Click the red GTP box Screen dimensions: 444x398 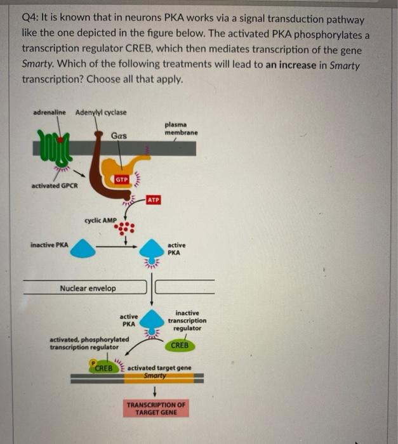(123, 180)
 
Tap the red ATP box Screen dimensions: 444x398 (153, 200)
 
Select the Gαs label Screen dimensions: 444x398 (119, 136)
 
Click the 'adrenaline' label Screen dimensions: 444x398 (50, 112)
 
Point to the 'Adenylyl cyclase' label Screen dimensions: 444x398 (101, 112)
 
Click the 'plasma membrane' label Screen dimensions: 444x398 (181, 129)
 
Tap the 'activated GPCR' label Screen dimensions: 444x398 (55, 186)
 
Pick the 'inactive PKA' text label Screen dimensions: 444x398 (50, 244)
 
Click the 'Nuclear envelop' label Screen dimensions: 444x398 (88, 288)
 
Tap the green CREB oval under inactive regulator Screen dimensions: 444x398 (180, 346)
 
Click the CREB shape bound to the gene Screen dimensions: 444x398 (103, 368)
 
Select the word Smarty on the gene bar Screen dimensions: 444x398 (154, 375)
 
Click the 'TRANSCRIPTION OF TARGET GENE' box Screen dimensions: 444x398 (156, 408)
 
